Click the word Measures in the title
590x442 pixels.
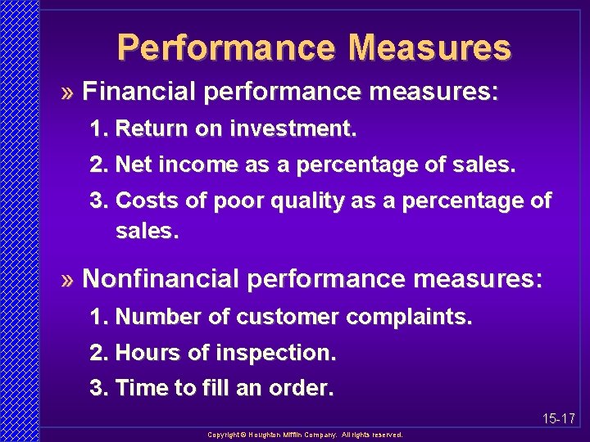pos(429,47)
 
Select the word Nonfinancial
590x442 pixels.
pos(161,279)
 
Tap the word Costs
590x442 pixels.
pos(143,201)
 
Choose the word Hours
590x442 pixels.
pos(145,353)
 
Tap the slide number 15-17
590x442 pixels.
pos(559,419)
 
